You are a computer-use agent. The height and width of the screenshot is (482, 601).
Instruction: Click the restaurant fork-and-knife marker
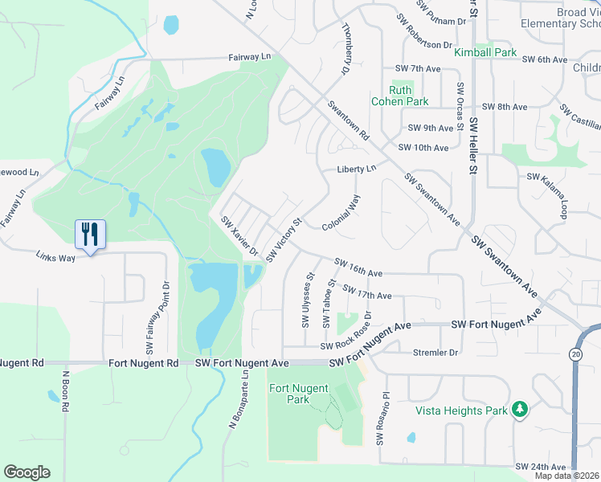pos(90,235)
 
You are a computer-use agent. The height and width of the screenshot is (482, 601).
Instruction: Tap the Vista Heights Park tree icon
pos(520,410)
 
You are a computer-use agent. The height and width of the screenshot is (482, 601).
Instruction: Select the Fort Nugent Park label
pos(298,394)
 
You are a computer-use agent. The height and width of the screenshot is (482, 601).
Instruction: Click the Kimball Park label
pos(484,52)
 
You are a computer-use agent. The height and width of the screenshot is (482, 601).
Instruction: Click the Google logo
pos(27,472)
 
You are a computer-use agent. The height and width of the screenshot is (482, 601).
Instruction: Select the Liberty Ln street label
pos(355,169)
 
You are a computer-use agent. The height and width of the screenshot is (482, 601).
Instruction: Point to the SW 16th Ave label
pos(358,265)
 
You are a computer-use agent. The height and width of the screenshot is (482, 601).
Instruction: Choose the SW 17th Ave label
pos(366,293)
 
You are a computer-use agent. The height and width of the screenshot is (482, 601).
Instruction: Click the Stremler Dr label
pos(435,352)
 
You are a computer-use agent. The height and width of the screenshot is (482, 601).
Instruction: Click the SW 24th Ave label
pos(541,466)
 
